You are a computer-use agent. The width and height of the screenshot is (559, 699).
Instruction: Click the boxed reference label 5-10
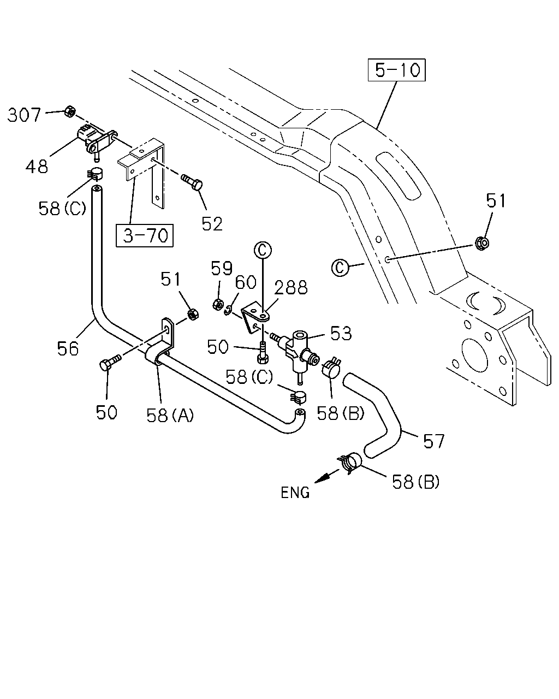click(396, 70)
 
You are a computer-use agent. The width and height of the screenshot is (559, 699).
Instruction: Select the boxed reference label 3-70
click(145, 235)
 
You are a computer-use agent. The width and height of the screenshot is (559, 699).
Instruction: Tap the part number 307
click(24, 115)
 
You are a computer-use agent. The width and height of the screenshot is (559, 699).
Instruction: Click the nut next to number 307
click(69, 111)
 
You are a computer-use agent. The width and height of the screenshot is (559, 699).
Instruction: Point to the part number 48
click(37, 167)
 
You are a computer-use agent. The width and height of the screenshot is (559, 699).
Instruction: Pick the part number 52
click(212, 224)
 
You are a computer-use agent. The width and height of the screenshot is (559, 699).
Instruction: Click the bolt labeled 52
click(192, 182)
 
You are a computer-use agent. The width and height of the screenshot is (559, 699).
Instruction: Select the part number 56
click(68, 348)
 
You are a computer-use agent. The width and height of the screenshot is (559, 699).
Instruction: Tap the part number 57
click(433, 441)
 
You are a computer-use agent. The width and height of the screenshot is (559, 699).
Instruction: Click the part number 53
click(341, 333)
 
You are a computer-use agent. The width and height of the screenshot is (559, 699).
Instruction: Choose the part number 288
click(291, 288)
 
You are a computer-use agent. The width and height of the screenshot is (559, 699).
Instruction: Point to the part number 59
click(222, 268)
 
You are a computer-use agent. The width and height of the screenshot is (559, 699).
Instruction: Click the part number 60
click(246, 282)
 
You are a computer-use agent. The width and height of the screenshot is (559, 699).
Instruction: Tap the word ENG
click(295, 493)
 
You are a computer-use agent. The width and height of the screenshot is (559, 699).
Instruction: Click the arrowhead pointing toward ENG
click(322, 478)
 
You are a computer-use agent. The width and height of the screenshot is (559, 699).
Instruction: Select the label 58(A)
click(170, 415)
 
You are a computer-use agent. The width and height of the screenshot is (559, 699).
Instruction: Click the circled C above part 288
click(263, 250)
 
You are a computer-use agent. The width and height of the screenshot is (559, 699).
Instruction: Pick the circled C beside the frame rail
click(340, 268)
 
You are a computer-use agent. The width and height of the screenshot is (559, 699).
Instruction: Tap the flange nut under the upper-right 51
click(482, 242)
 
